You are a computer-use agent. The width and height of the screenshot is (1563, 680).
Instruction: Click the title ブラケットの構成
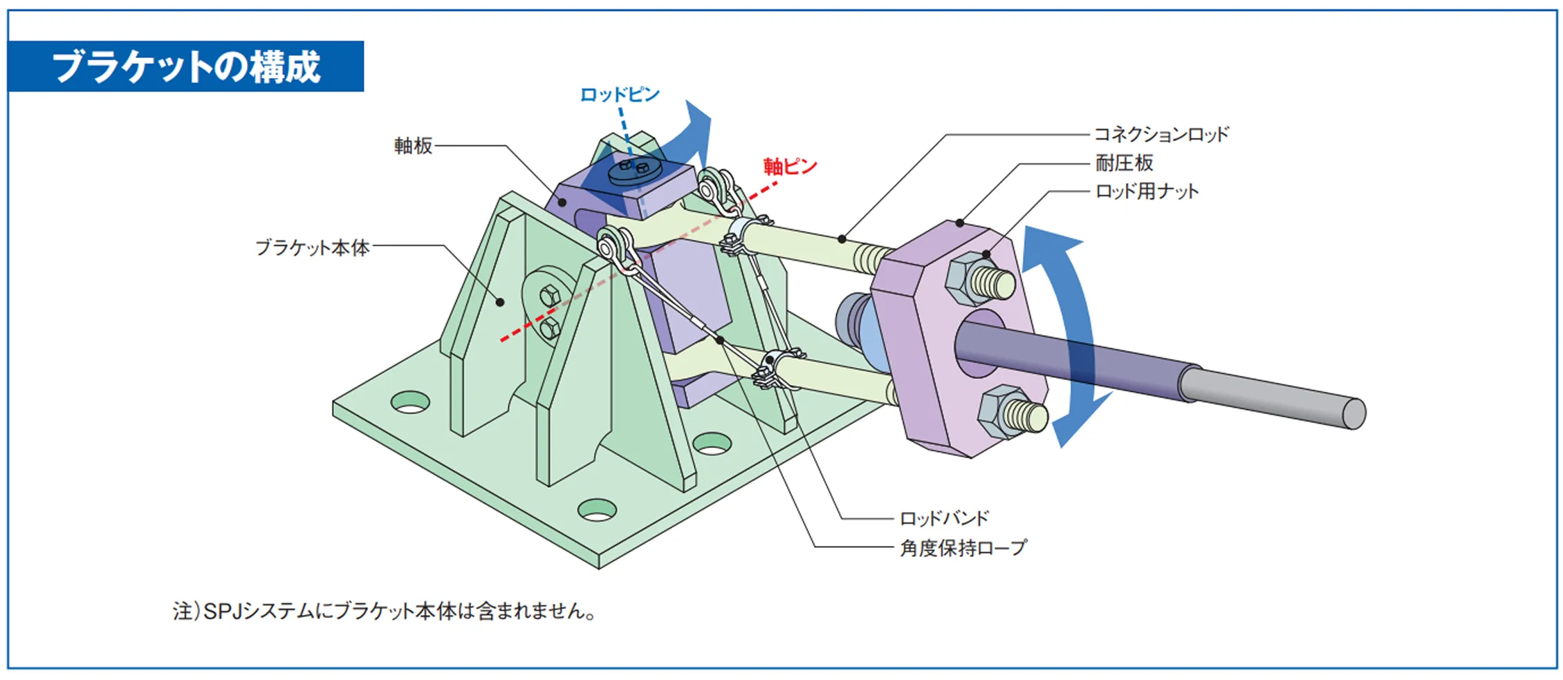tap(186, 67)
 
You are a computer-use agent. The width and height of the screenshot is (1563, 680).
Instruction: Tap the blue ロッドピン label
tap(619, 95)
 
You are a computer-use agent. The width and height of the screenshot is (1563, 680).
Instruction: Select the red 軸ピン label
tap(790, 167)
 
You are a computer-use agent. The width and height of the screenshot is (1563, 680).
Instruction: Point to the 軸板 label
tap(413, 146)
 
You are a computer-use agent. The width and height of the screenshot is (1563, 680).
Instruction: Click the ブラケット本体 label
tap(313, 247)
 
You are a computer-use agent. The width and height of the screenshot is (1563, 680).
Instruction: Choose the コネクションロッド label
tap(1161, 134)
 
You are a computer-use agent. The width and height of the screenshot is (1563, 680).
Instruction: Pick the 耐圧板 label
tap(1124, 163)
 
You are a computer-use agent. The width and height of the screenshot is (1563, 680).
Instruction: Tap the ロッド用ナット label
tap(1147, 191)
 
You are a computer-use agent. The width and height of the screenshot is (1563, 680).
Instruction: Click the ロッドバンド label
tap(944, 518)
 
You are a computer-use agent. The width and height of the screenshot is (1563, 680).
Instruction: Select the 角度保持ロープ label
tap(963, 548)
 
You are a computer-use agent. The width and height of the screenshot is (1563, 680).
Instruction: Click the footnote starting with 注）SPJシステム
tap(385, 612)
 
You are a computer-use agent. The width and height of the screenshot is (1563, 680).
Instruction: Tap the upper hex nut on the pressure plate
tap(968, 279)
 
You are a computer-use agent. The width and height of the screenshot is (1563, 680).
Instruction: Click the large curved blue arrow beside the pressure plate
tap(1069, 332)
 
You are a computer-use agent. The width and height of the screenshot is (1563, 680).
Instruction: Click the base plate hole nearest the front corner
tap(597, 510)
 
